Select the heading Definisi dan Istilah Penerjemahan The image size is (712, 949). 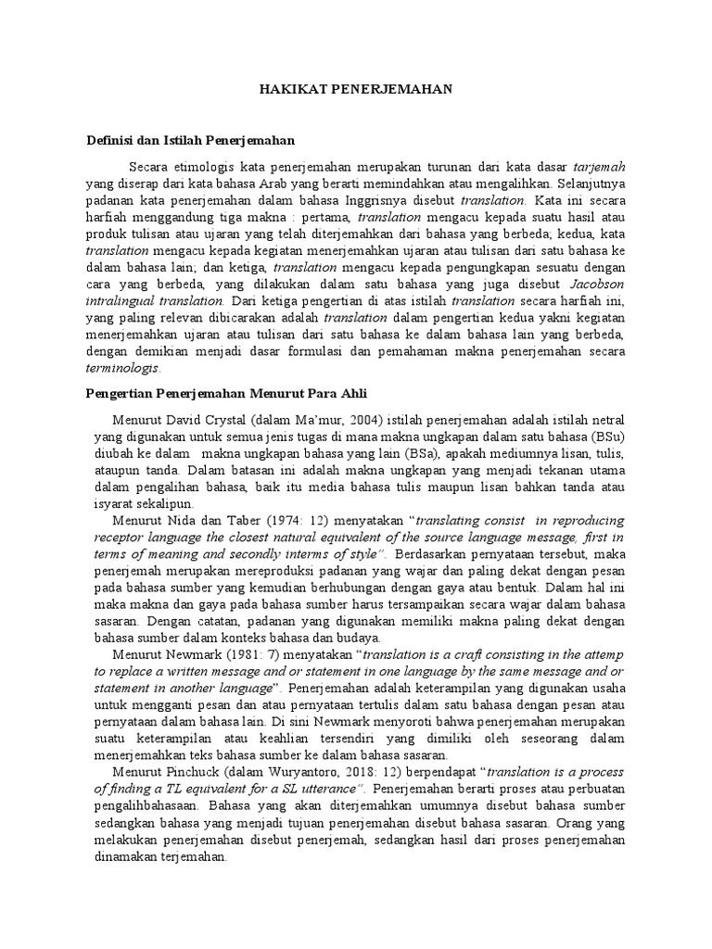click(190, 141)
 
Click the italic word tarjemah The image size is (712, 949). click(598, 167)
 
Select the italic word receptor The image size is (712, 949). click(113, 537)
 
